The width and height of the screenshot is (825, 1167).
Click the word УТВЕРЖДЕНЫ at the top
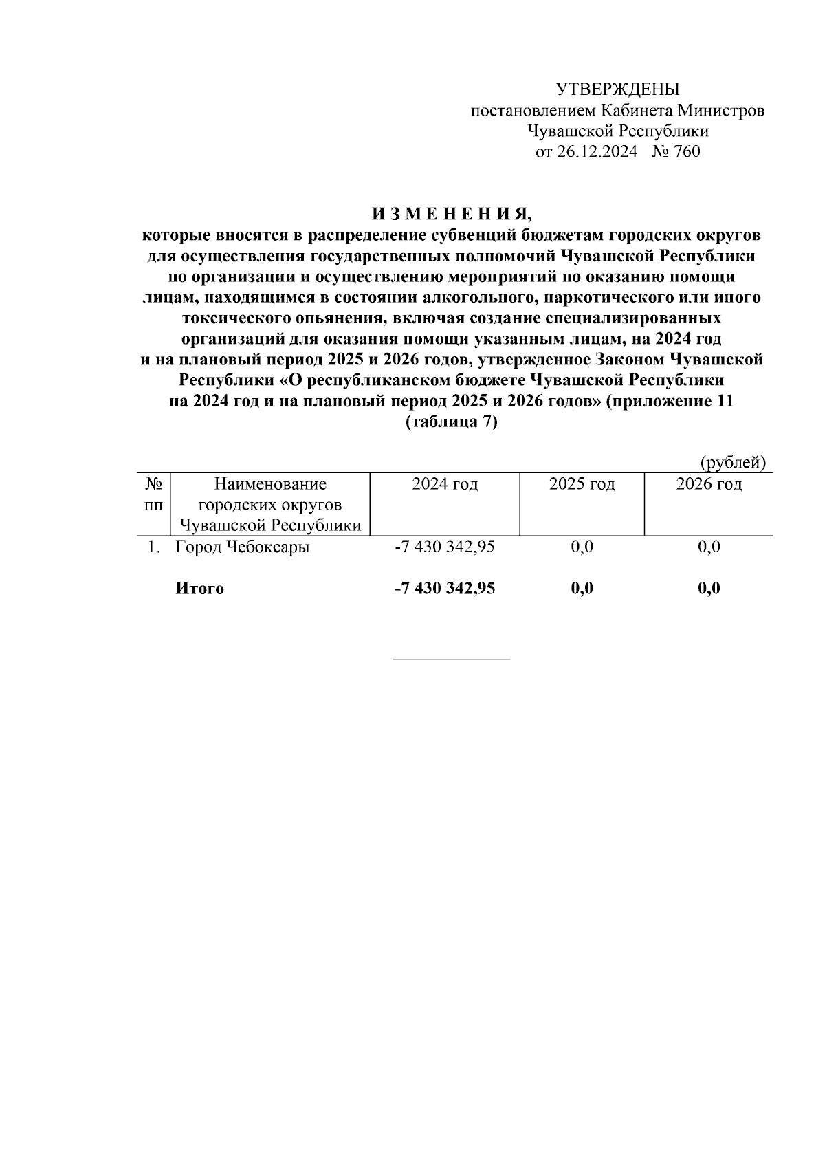617,89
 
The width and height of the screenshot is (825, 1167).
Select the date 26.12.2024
597,152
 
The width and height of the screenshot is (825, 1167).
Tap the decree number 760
687,152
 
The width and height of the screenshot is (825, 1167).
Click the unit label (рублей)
733,463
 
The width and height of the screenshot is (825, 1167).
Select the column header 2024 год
445,484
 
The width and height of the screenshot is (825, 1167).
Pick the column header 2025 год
582,484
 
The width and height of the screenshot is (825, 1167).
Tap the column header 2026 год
709,484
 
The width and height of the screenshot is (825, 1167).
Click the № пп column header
153,494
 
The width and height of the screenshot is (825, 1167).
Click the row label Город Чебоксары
243,547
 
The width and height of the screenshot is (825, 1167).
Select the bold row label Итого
200,589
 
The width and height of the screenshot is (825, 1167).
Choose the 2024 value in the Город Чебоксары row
445,547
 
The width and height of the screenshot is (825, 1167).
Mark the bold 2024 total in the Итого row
445,589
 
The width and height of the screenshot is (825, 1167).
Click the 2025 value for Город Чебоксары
582,547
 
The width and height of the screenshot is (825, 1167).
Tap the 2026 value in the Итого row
709,589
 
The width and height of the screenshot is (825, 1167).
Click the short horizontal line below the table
451,659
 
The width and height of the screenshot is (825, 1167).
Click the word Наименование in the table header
270,484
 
